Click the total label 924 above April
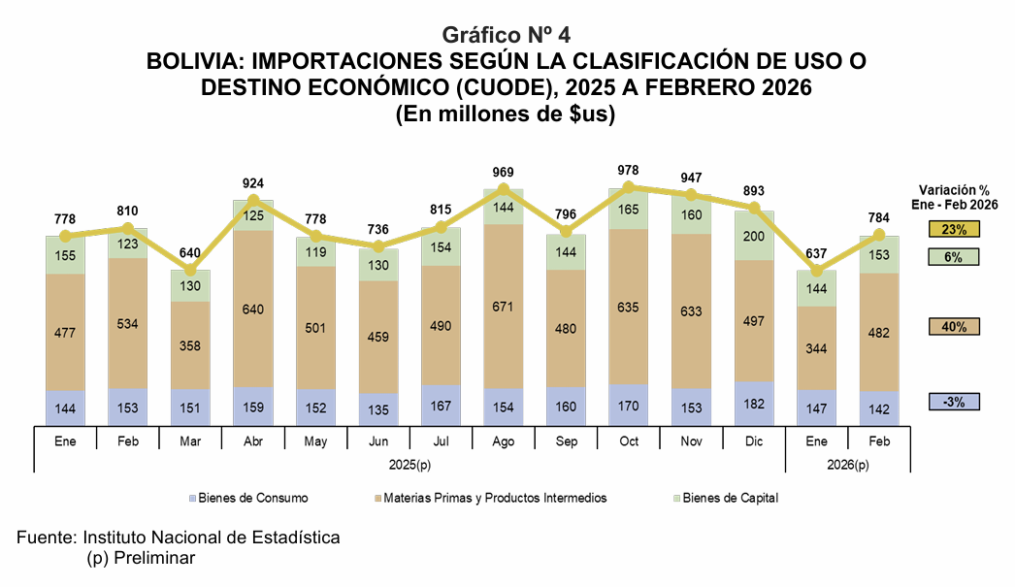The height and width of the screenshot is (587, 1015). pyautogui.click(x=253, y=182)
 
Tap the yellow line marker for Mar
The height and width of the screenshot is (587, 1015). pyautogui.click(x=190, y=271)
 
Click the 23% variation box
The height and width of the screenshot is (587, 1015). pyautogui.click(x=954, y=230)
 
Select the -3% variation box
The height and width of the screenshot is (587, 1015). pyautogui.click(x=954, y=402)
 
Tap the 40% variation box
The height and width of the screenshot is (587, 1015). pyautogui.click(x=954, y=327)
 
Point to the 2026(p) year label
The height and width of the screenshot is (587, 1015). pyautogui.click(x=848, y=465)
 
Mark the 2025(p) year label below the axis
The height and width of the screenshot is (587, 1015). pyautogui.click(x=409, y=465)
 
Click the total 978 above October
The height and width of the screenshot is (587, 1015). pyautogui.click(x=630, y=170)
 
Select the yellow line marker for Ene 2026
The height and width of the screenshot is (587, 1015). pyautogui.click(x=817, y=271)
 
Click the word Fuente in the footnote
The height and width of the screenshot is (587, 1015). pyautogui.click(x=47, y=538)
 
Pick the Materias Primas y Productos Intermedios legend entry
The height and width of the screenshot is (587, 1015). pyautogui.click(x=495, y=498)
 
